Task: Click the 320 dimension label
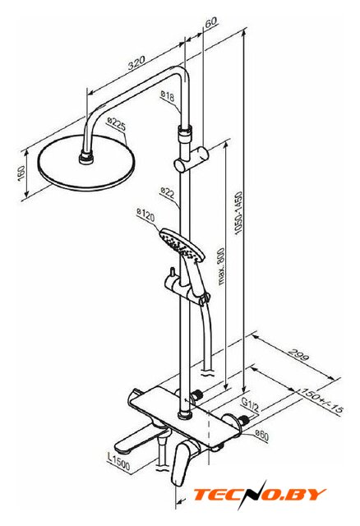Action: point(136,62)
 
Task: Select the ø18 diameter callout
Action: point(168,95)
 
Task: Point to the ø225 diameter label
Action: point(117,123)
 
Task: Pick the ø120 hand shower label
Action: point(145,215)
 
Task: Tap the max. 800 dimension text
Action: point(221,266)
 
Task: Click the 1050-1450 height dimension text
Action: point(238,213)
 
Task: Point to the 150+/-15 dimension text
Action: point(321,400)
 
